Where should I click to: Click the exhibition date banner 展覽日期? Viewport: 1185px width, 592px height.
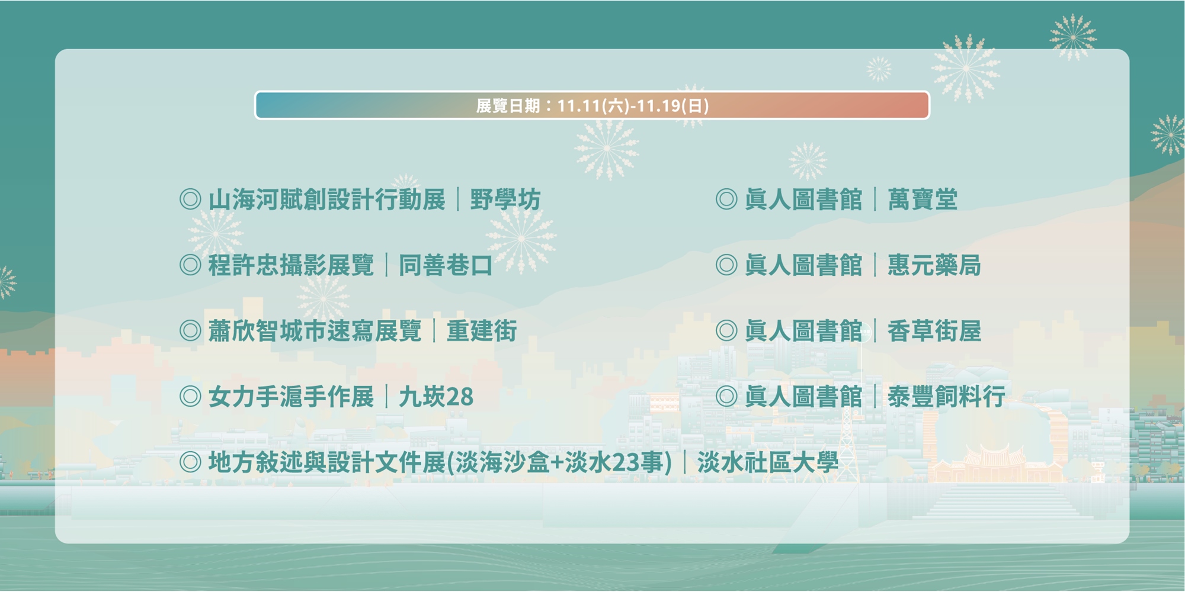click(592, 105)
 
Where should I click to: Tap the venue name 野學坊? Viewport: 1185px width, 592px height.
click(505, 200)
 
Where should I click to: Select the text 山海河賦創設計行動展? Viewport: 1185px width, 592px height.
click(326, 200)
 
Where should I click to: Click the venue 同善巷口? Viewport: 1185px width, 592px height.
click(446, 265)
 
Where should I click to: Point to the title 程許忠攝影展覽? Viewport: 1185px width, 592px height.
click(291, 265)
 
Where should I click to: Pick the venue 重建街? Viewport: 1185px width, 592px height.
click(482, 331)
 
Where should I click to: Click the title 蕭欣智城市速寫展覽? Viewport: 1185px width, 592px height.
click(315, 331)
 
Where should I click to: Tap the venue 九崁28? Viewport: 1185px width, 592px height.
click(436, 397)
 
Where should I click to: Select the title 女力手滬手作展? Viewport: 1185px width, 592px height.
click(291, 397)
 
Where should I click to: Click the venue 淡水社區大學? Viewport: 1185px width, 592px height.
click(768, 462)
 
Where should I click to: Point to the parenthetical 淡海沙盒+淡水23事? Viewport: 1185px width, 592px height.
click(559, 462)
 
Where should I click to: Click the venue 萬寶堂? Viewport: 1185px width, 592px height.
click(923, 200)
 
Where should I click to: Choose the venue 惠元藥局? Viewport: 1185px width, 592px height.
click(934, 265)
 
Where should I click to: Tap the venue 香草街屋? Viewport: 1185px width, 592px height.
click(934, 331)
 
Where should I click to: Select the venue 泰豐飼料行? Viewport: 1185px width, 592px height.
click(946, 397)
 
